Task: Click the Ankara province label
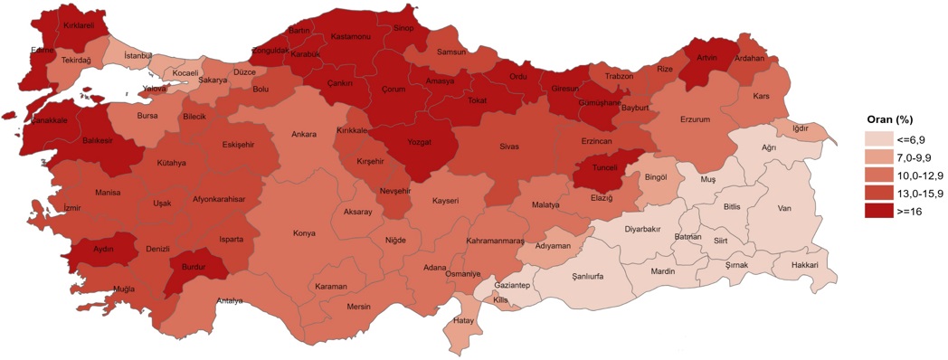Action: [x=303, y=135]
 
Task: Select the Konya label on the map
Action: [x=304, y=233]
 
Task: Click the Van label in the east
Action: [x=784, y=209]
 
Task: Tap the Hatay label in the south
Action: [x=464, y=319]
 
